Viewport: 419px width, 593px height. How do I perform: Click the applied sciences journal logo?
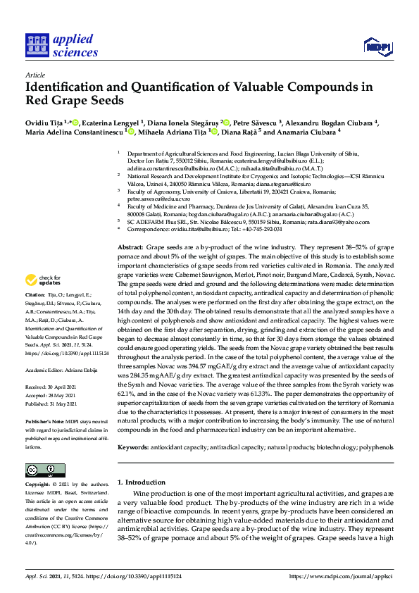tap(61, 46)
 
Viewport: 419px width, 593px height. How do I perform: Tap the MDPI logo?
tap(377, 47)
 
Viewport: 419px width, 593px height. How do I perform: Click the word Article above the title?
tap(35, 74)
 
